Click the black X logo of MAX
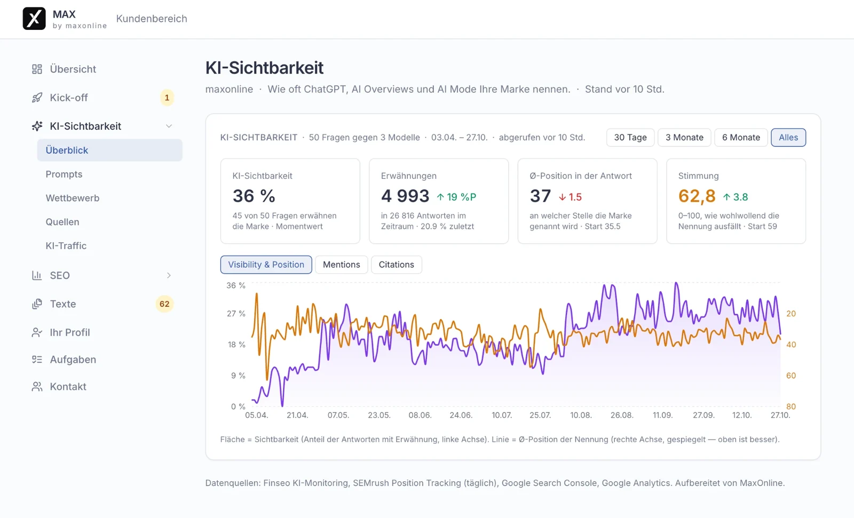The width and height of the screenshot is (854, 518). coord(34,18)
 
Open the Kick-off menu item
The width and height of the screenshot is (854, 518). coord(69,98)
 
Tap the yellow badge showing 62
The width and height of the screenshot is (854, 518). coord(164,304)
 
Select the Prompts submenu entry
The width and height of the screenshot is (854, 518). coord(64,174)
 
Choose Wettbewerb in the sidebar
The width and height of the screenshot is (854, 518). coord(73,198)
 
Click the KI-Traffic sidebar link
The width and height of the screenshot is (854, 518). coord(66,246)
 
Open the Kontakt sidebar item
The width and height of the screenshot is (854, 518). coord(68,386)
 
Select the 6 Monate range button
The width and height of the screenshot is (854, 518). coord(741,137)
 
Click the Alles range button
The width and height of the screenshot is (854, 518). coord(788,137)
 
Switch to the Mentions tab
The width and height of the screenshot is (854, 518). coord(341,265)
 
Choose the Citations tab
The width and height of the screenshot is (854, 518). coord(396,265)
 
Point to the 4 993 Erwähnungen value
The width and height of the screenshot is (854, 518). coord(405,196)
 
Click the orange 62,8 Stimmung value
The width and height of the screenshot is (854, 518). coord(697,196)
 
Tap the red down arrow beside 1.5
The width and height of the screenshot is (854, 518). coord(562,197)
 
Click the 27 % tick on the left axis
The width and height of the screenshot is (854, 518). coord(236,314)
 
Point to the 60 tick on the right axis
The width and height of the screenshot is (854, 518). coord(790,376)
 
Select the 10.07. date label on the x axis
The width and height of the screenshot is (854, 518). coord(502,415)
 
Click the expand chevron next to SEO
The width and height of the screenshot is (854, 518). coord(169,275)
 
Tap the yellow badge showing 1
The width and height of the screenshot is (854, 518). coord(167,98)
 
